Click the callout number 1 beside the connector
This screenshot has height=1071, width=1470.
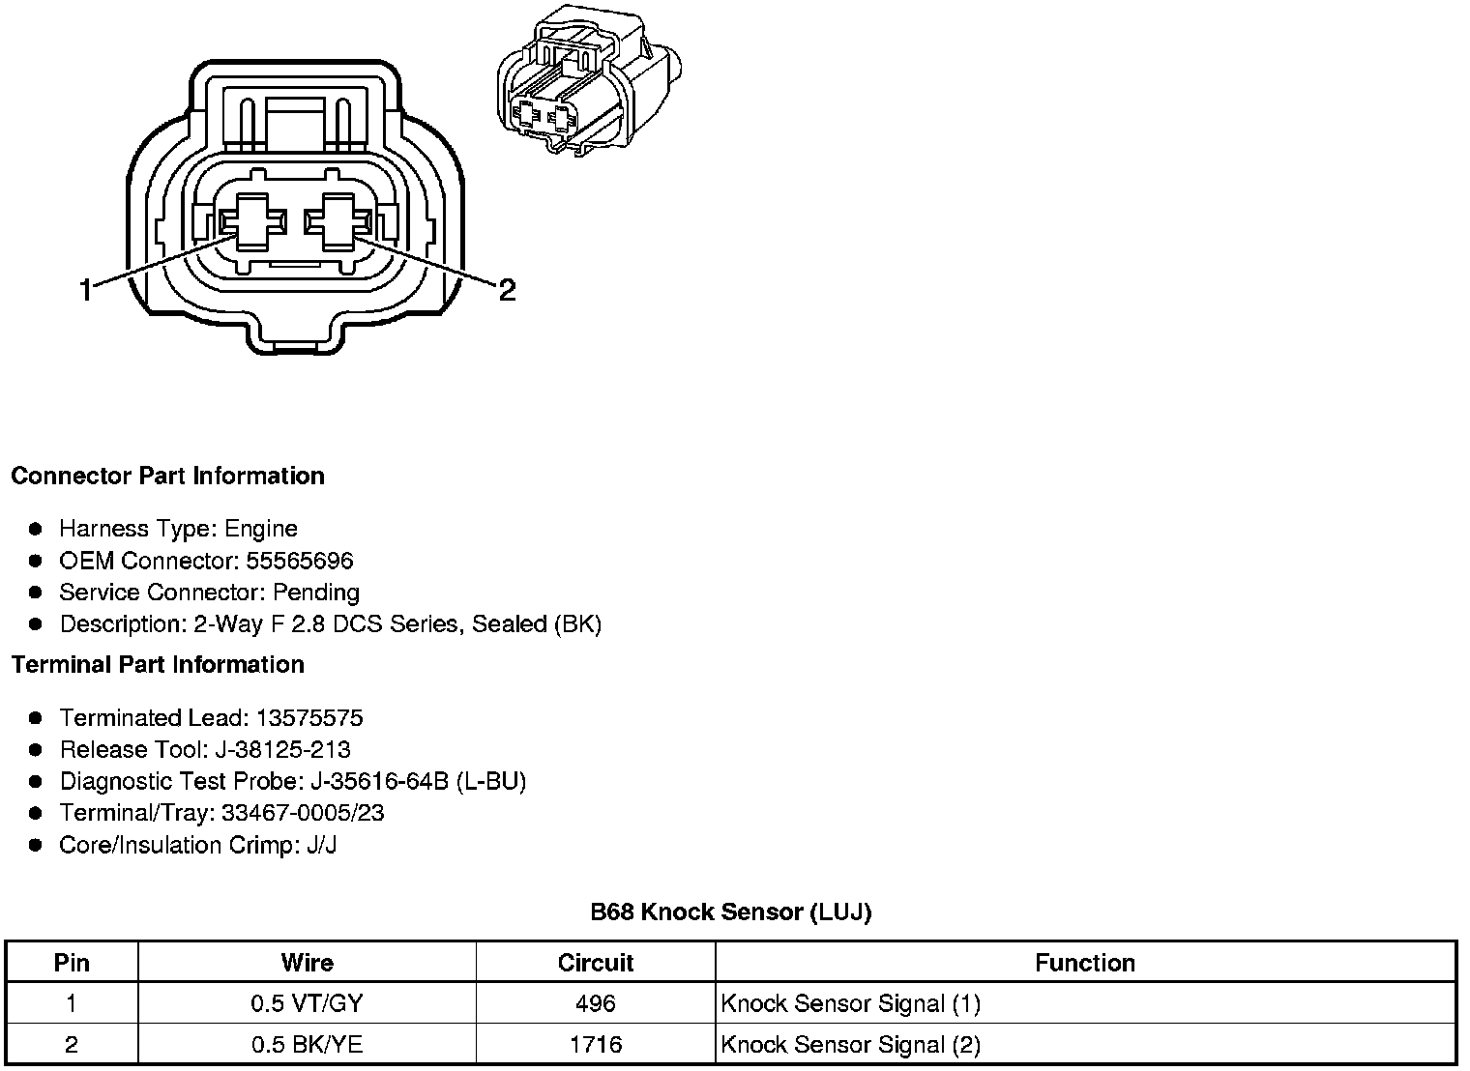(x=86, y=289)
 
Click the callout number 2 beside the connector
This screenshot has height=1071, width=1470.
(x=508, y=289)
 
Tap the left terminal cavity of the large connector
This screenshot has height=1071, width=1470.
(x=252, y=222)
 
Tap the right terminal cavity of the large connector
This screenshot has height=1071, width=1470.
(x=338, y=222)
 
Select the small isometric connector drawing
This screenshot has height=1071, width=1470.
(x=589, y=80)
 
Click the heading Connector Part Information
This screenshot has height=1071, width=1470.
(x=168, y=476)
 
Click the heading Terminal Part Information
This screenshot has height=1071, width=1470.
(x=158, y=664)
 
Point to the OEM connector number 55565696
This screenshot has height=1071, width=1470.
(x=299, y=561)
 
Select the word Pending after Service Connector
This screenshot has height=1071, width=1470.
(x=316, y=593)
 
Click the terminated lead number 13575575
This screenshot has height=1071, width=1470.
(x=309, y=718)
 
